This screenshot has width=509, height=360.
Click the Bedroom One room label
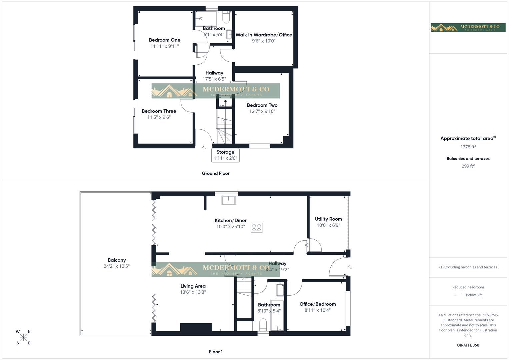click(164, 40)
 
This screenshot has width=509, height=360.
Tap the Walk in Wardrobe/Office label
click(264, 35)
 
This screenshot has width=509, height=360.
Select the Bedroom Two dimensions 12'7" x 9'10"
click(262, 111)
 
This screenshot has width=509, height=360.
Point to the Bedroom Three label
click(159, 111)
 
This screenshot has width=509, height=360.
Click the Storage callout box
click(225, 155)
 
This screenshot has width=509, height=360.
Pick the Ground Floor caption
click(216, 173)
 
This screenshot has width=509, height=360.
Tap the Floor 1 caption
click(216, 352)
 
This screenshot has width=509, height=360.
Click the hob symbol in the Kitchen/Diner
click(257, 228)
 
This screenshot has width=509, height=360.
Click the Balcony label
click(117, 260)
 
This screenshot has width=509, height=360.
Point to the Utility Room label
click(328, 219)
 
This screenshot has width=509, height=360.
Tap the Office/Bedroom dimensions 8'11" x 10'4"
click(317, 310)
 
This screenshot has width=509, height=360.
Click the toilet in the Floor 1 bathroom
click(263, 324)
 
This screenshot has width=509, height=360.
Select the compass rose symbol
click(23, 337)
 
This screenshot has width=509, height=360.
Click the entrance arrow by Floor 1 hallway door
click(350, 267)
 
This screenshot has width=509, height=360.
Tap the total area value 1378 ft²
click(468, 147)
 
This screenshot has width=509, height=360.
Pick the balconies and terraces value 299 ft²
click(468, 166)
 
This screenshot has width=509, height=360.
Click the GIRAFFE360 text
click(468, 345)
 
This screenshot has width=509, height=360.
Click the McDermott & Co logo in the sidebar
click(468, 28)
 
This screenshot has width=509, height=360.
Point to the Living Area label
click(193, 286)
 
